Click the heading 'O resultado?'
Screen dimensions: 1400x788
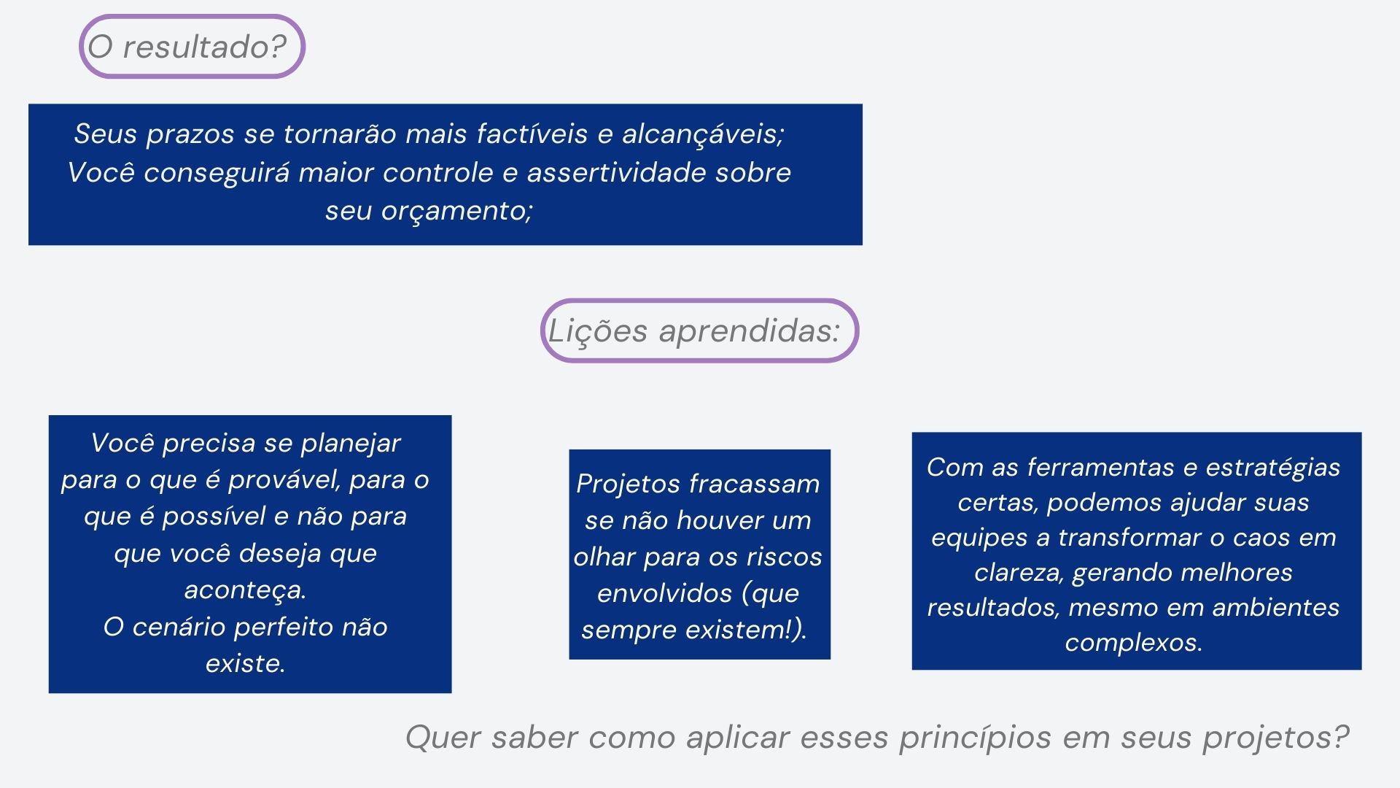187,47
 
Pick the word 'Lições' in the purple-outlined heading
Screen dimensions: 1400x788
598,331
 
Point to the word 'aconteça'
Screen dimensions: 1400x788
245,590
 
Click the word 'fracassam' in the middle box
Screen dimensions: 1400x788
754,484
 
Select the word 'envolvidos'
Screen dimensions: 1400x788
663,593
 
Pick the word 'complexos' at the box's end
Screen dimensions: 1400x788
1133,644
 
